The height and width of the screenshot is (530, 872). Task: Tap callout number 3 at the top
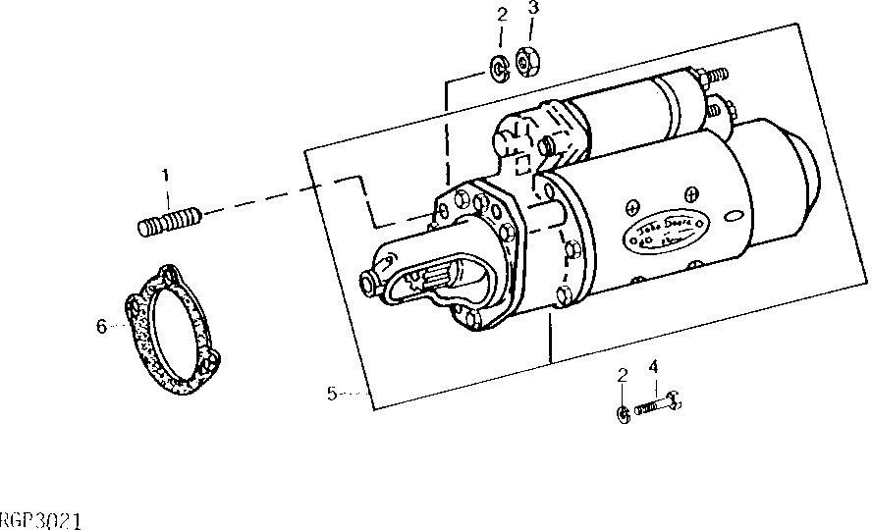pos(533,9)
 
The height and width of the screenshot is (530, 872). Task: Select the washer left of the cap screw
pos(624,415)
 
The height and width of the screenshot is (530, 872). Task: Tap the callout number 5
pos(332,393)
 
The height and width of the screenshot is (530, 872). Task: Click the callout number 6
pos(101,327)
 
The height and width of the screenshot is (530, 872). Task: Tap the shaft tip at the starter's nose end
pos(368,285)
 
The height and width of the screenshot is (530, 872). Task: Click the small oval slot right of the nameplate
pos(732,214)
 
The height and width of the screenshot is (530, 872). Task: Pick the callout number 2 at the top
pos(501,14)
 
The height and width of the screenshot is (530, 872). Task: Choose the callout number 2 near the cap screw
pos(622,376)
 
